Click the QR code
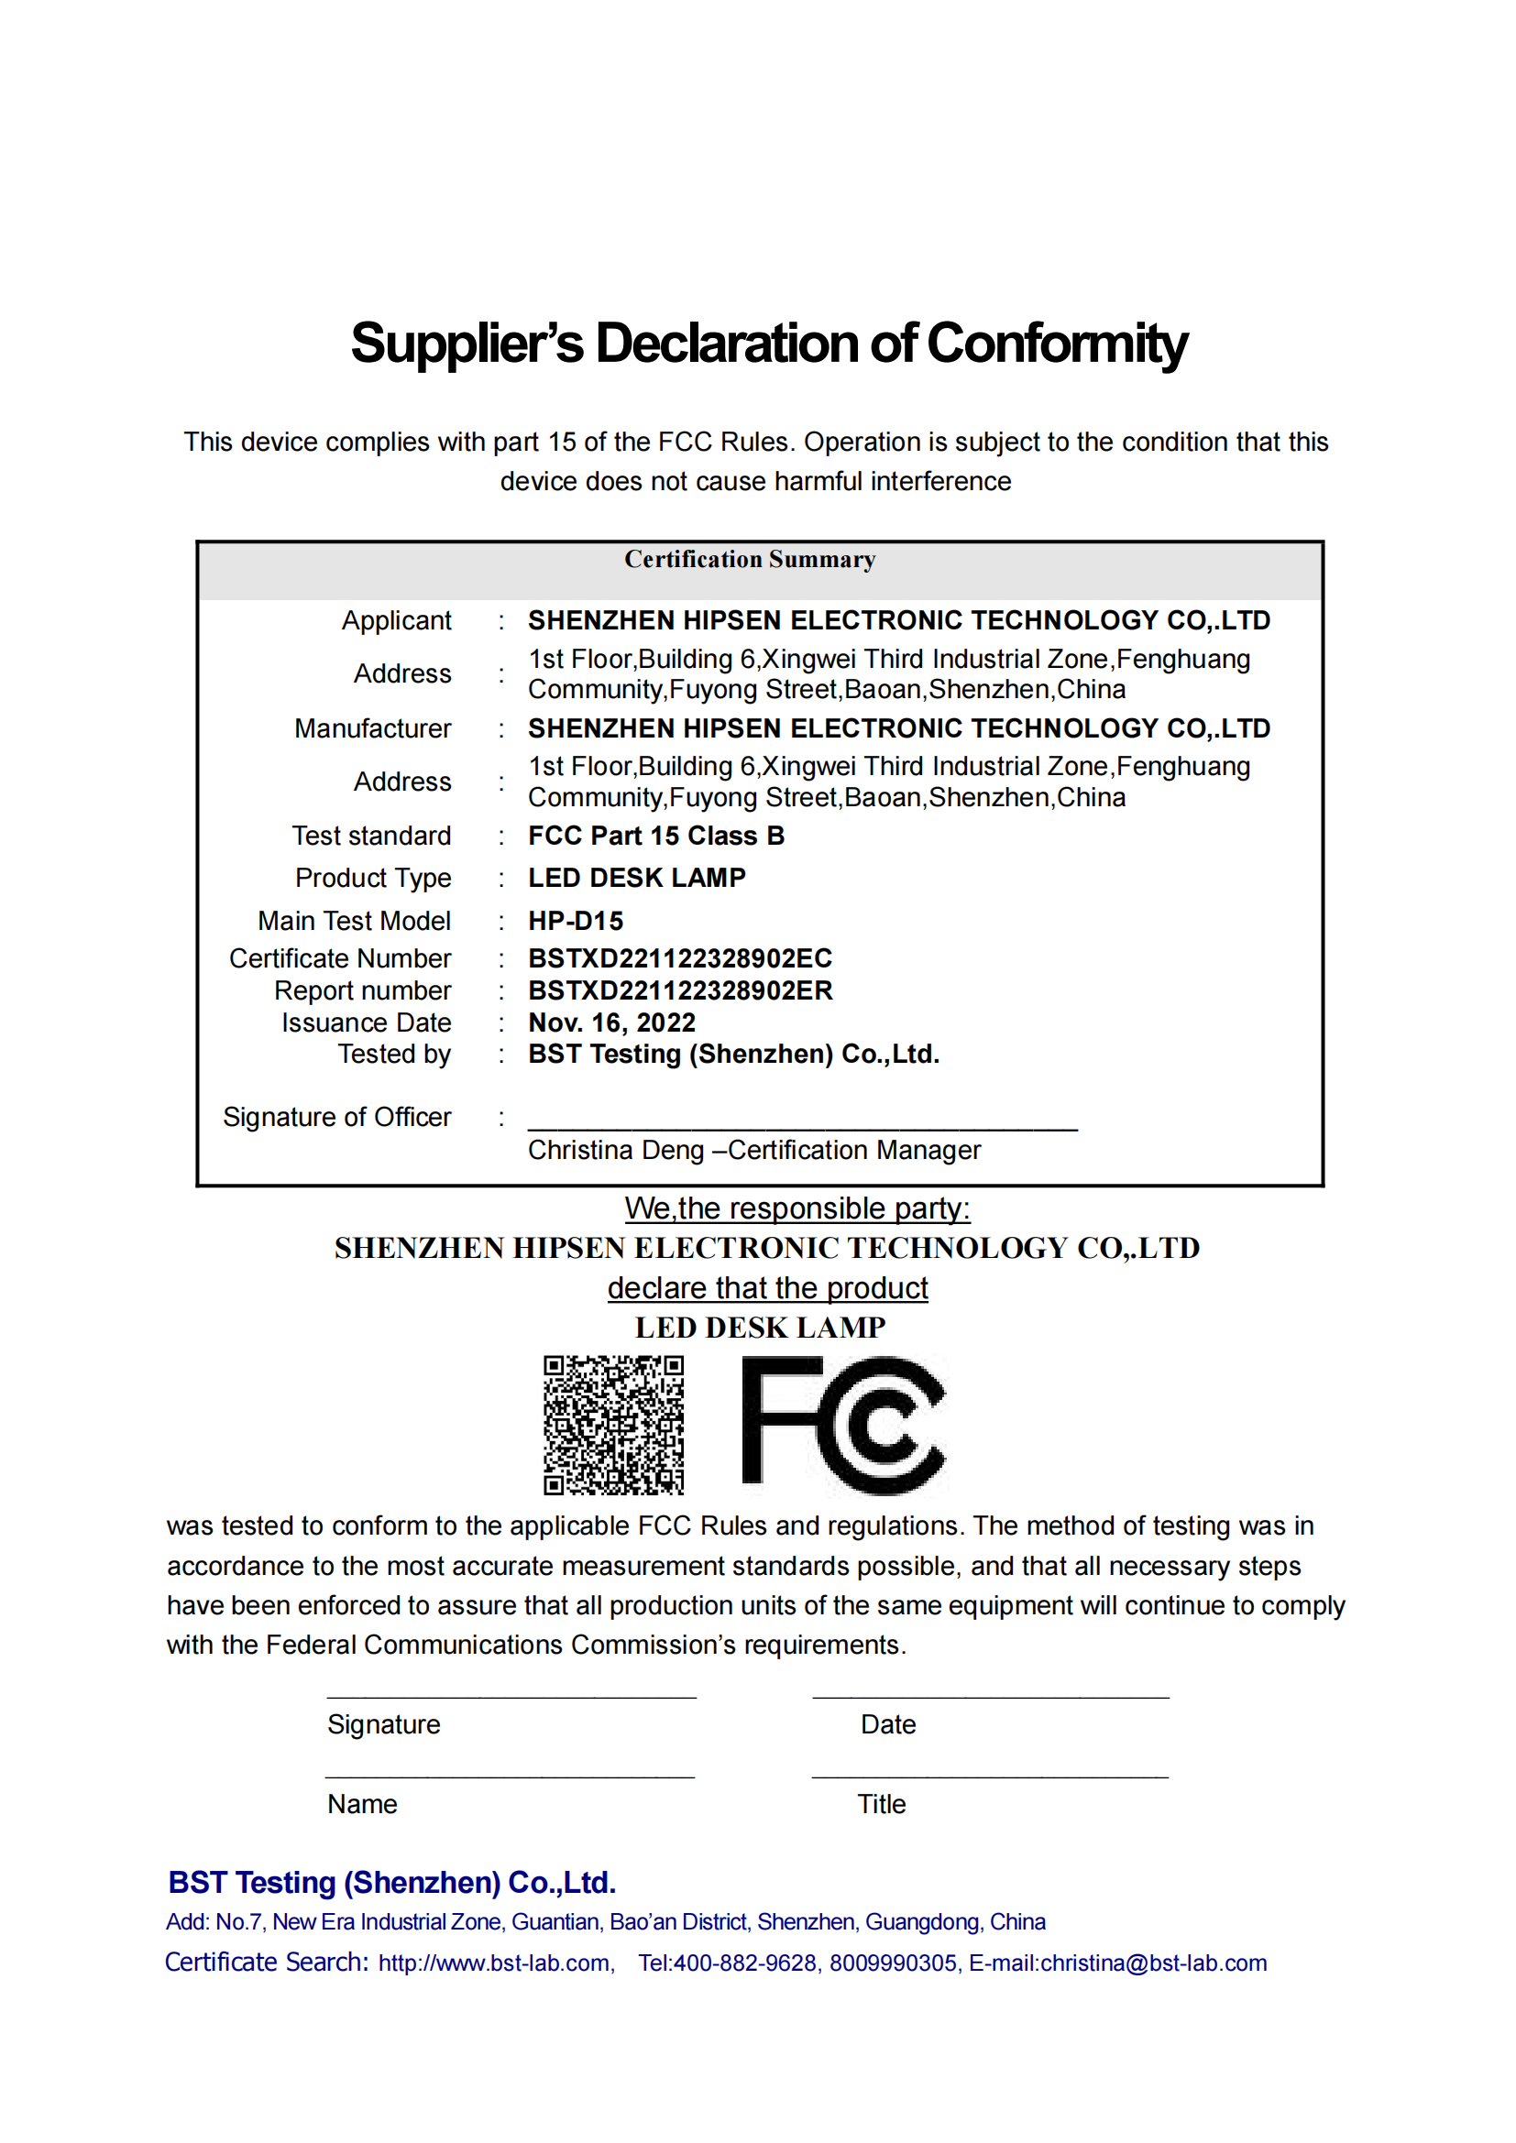point(613,1426)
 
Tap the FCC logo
point(843,1425)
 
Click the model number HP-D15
point(575,921)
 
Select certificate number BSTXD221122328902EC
point(679,958)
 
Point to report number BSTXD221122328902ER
point(679,990)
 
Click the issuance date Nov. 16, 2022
point(611,1023)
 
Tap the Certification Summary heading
point(750,559)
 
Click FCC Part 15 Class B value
point(656,836)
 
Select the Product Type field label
point(372,879)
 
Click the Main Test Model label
point(354,921)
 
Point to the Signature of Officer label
point(337,1117)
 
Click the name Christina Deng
point(615,1151)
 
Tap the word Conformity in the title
point(1057,344)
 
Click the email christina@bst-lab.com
point(1153,1963)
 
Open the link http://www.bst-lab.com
point(494,1963)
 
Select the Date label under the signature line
point(888,1725)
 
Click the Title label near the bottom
point(881,1804)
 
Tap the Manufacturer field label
point(372,729)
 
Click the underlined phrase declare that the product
point(767,1288)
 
